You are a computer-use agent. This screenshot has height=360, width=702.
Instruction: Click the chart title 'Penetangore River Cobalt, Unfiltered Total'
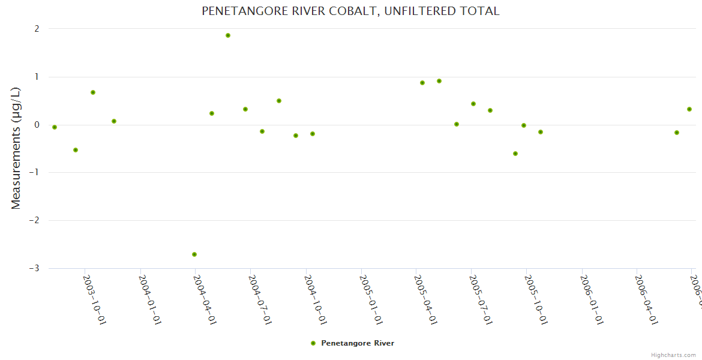click(350, 11)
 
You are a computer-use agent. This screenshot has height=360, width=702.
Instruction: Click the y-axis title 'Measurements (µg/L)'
click(16, 148)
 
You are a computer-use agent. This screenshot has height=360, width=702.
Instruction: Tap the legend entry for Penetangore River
click(352, 343)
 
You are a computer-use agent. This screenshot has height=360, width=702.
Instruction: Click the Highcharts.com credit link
click(674, 355)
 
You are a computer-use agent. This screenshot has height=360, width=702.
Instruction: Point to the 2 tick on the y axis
click(37, 29)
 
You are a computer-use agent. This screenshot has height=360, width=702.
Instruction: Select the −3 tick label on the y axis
click(34, 268)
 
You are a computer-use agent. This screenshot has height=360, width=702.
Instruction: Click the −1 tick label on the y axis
click(34, 173)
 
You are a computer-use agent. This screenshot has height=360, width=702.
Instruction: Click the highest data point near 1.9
click(228, 35)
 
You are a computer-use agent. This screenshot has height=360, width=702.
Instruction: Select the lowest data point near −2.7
click(194, 254)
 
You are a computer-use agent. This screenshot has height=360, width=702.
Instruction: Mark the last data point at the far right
click(689, 109)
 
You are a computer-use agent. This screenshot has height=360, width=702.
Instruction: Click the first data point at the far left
click(55, 127)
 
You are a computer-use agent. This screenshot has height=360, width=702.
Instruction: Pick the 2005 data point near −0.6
click(515, 154)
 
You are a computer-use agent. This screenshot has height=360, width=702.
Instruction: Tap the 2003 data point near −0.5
click(76, 150)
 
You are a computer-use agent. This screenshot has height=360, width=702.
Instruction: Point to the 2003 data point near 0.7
click(93, 92)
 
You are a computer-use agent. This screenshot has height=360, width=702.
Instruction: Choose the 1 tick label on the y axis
click(37, 77)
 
